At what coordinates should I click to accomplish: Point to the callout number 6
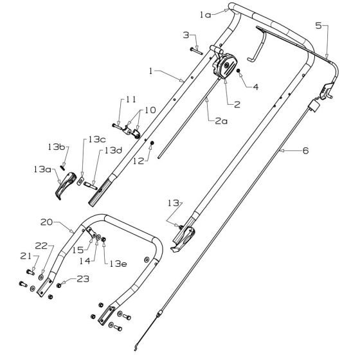click(x=304, y=152)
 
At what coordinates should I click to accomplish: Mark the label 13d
click(x=113, y=150)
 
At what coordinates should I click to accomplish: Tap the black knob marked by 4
click(x=238, y=71)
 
